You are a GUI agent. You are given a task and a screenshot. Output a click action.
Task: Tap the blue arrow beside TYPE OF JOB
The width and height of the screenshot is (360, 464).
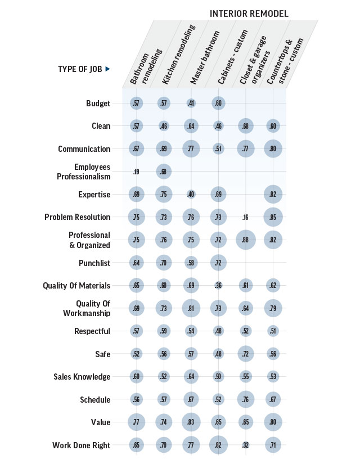click(x=108, y=69)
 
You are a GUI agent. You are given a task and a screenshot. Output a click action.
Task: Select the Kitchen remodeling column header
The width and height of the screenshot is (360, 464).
click(x=179, y=55)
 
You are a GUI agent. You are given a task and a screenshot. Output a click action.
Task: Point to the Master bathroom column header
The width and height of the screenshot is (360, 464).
click(x=205, y=57)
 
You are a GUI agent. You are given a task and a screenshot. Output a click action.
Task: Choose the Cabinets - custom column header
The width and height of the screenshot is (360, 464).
click(x=232, y=57)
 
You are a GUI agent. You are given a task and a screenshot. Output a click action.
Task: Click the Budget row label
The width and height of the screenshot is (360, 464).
click(x=98, y=103)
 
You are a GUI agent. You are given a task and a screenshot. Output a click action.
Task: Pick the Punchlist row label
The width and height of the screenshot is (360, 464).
click(x=94, y=263)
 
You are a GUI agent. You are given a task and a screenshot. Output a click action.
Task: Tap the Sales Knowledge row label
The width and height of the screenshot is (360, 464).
click(x=82, y=377)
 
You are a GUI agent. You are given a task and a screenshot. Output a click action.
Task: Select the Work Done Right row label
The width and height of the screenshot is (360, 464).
click(x=81, y=445)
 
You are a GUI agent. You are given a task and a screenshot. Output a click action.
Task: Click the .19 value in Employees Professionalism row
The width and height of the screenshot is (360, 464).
click(x=136, y=172)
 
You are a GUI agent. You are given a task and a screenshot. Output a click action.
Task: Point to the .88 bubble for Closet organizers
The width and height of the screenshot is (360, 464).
click(x=245, y=240)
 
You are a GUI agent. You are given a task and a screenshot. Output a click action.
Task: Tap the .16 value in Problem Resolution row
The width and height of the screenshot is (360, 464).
click(x=245, y=218)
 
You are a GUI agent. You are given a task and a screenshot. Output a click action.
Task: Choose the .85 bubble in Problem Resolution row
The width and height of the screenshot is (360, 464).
click(x=273, y=217)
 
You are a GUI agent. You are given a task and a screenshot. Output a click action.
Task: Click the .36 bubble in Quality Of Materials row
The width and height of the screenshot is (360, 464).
click(x=218, y=286)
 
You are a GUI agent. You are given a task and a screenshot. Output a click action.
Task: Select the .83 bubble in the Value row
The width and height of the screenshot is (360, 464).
click(x=191, y=422)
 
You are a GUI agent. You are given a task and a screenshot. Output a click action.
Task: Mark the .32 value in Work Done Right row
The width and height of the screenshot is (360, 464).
click(x=245, y=445)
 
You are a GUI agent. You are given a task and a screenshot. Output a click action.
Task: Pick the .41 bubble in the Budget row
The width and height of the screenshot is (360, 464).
click(x=191, y=103)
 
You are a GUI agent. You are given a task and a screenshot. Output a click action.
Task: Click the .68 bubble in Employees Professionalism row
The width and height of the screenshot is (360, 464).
click(x=164, y=172)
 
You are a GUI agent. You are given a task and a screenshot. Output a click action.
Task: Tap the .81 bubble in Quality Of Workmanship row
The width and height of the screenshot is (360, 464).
click(x=191, y=308)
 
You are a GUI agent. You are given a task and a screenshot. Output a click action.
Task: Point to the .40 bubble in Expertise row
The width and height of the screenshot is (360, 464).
click(x=191, y=195)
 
